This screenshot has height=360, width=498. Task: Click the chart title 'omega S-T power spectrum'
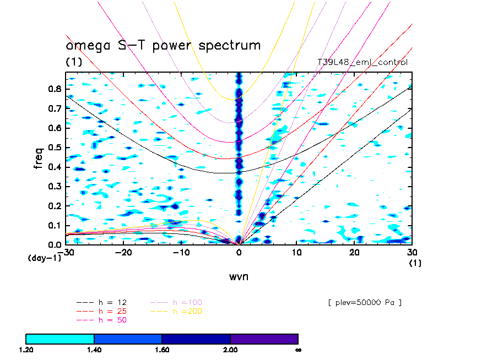click(163, 45)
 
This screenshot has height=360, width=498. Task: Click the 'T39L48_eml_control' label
click(362, 62)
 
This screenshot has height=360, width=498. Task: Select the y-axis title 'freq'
click(39, 157)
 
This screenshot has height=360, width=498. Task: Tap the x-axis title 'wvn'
click(239, 276)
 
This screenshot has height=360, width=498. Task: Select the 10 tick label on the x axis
click(297, 252)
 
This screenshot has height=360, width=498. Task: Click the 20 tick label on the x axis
click(355, 252)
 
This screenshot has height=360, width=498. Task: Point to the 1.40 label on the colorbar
click(94, 349)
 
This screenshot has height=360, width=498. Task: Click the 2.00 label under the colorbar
click(230, 349)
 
